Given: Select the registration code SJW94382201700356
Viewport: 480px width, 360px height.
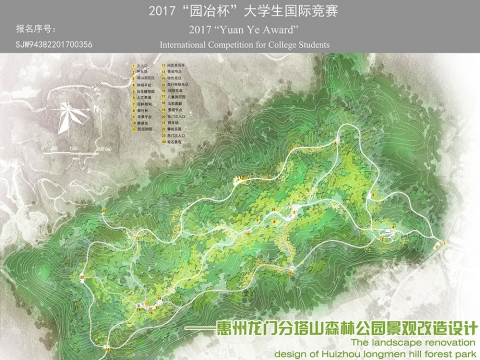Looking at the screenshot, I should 55,45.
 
